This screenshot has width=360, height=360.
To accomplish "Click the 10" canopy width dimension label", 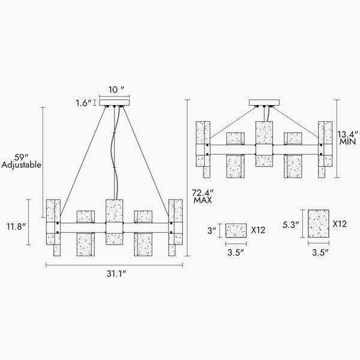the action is (116, 89).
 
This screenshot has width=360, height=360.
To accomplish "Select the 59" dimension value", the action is (21, 157).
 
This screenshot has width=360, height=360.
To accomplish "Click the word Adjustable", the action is (22, 165).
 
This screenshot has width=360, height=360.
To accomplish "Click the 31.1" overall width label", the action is (116, 274).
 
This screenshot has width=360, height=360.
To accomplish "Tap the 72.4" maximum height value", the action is (203, 193).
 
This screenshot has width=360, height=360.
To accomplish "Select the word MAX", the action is (203, 200).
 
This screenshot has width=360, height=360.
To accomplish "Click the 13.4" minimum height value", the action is (347, 134).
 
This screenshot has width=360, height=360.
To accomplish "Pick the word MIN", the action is (348, 142).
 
